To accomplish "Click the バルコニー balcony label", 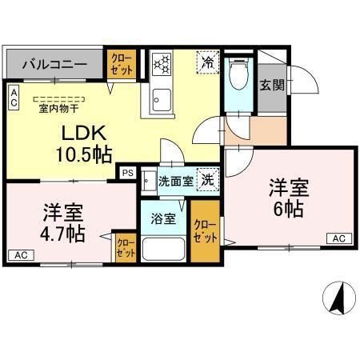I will tap(54, 63).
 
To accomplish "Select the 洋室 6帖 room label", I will tap(286, 199).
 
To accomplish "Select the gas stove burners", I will tap(161, 63).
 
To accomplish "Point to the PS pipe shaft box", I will tap(127, 170).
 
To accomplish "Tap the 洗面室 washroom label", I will tap(174, 181).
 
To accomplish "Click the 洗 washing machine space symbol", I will tap(206, 181).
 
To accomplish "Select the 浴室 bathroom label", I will tap(165, 219).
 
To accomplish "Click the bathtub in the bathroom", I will tap(163, 250).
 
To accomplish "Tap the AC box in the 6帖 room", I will tap(338, 238).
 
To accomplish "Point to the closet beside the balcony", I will tap(122, 63).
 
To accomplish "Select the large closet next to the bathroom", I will tap(205, 231).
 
